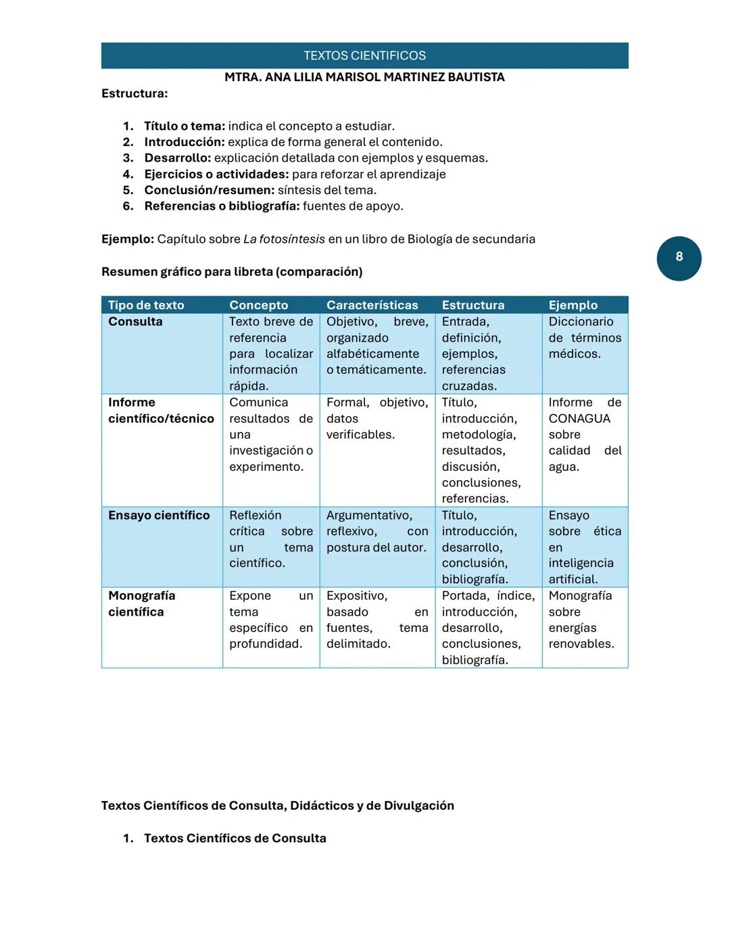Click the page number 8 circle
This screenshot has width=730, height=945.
679,258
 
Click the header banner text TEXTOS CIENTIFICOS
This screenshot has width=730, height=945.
364,55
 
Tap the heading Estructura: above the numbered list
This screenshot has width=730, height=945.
135,93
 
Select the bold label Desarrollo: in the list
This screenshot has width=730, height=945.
177,158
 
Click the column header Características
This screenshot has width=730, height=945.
372,305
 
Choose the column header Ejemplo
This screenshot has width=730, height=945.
573,305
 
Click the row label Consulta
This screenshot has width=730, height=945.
135,321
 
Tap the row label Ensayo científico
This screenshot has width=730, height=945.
159,515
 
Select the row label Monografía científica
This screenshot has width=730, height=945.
141,603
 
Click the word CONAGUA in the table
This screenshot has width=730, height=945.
579,418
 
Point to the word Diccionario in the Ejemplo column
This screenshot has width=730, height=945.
581,321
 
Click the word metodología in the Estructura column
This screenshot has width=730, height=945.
478,434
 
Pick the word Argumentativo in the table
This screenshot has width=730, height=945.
369,515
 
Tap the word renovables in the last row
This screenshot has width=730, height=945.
581,643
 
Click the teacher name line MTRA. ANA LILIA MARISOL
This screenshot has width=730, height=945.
364,77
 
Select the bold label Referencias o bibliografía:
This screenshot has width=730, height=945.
222,206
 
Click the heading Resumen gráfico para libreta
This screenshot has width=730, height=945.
232,271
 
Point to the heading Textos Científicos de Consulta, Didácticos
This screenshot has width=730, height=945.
277,805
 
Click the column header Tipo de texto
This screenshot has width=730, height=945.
146,305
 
